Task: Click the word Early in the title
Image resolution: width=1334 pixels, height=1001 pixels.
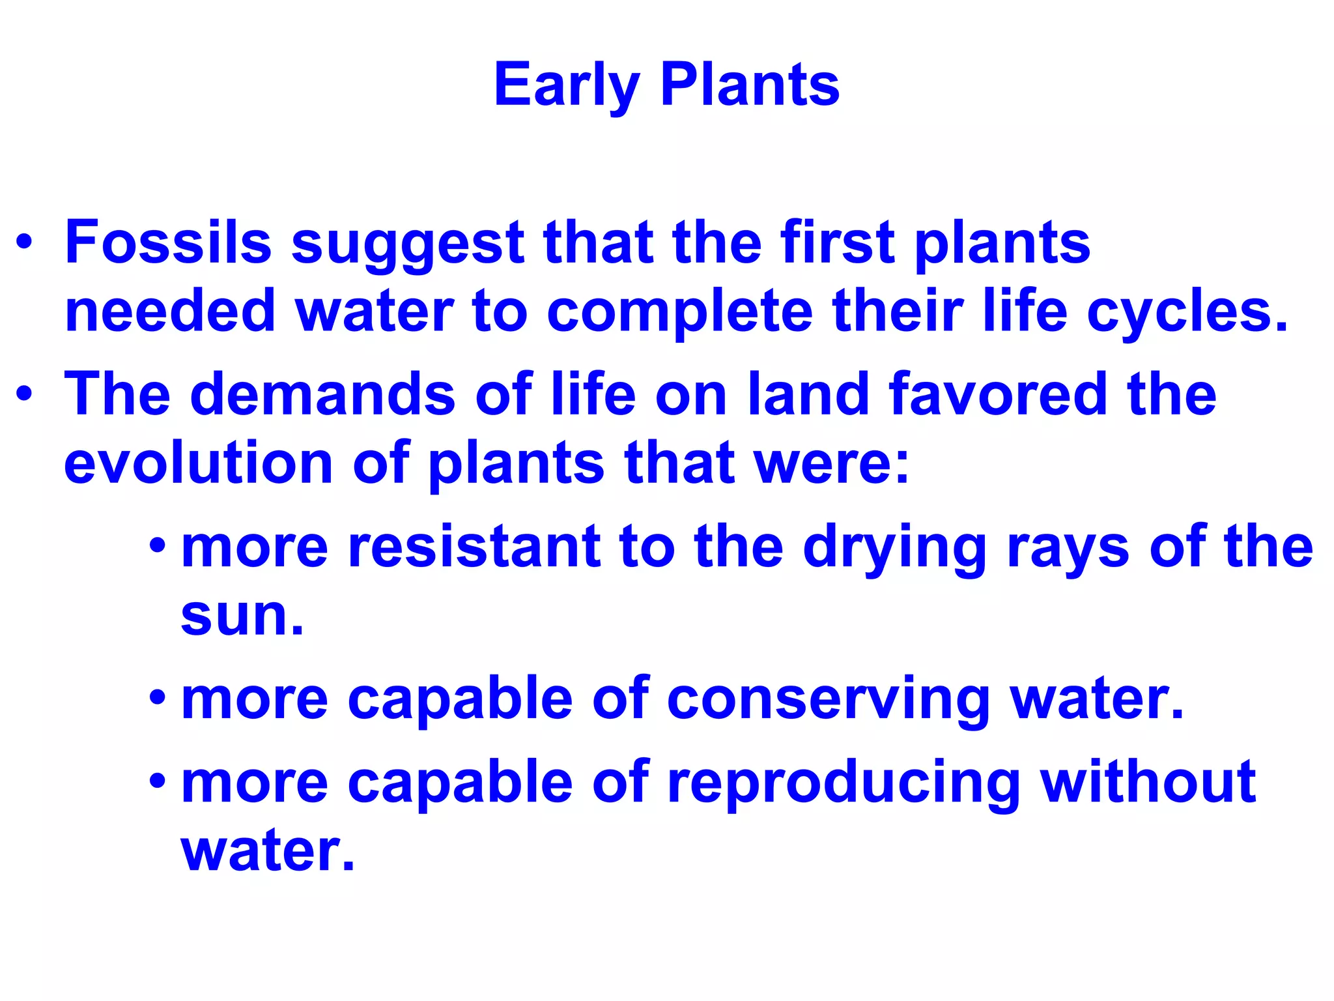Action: pyautogui.click(x=566, y=86)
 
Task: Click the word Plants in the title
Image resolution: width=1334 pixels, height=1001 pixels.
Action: pyautogui.click(x=750, y=85)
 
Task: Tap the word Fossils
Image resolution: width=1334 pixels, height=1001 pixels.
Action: pyautogui.click(x=168, y=242)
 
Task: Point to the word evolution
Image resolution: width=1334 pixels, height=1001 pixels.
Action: pyautogui.click(x=199, y=463)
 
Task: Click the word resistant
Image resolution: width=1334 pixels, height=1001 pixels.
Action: pyautogui.click(x=474, y=546)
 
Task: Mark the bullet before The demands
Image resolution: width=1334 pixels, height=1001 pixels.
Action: pyautogui.click(x=24, y=394)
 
